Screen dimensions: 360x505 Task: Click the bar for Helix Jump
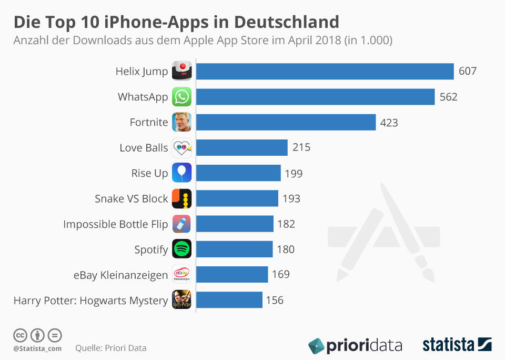pos(325,71)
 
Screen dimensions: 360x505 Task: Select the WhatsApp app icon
pos(181,97)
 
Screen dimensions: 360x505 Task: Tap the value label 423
pos(389,123)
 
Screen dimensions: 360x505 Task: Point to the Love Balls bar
pos(242,148)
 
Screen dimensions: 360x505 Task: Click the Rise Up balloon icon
pos(181,173)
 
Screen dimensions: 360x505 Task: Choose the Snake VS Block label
pos(131,198)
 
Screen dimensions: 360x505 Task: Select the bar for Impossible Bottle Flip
pos(235,224)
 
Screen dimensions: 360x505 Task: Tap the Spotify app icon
pos(181,249)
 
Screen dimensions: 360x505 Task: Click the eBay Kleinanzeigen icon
pos(181,274)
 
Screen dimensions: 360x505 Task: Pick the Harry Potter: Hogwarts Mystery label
pos(90,300)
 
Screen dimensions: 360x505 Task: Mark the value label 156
pos(275,300)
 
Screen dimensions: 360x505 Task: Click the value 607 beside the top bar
pos(467,71)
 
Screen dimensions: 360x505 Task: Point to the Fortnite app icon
pos(181,122)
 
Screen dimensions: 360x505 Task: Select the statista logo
pos(457,345)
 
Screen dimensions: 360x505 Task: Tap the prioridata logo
pos(355,345)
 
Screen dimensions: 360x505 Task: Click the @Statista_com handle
pos(37,348)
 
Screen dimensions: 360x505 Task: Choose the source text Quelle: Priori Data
pos(111,348)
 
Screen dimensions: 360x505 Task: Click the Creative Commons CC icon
pos(21,335)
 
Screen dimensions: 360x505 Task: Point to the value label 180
pos(286,249)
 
